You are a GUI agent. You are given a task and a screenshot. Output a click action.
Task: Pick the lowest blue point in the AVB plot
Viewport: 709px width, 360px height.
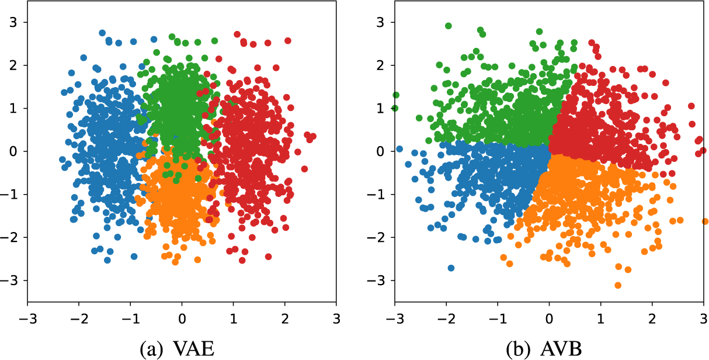click(x=451, y=268)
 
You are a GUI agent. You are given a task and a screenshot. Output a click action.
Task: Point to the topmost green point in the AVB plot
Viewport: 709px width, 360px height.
click(x=449, y=26)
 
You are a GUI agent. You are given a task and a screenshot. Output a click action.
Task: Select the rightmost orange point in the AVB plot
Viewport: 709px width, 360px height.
click(x=704, y=221)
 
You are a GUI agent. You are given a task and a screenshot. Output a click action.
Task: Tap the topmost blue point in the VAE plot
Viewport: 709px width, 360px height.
click(x=102, y=33)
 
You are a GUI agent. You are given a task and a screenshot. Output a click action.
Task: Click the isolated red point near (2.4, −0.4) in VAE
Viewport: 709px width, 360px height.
click(x=304, y=169)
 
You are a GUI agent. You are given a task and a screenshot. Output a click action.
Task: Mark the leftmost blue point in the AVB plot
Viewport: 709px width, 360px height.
click(x=399, y=149)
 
